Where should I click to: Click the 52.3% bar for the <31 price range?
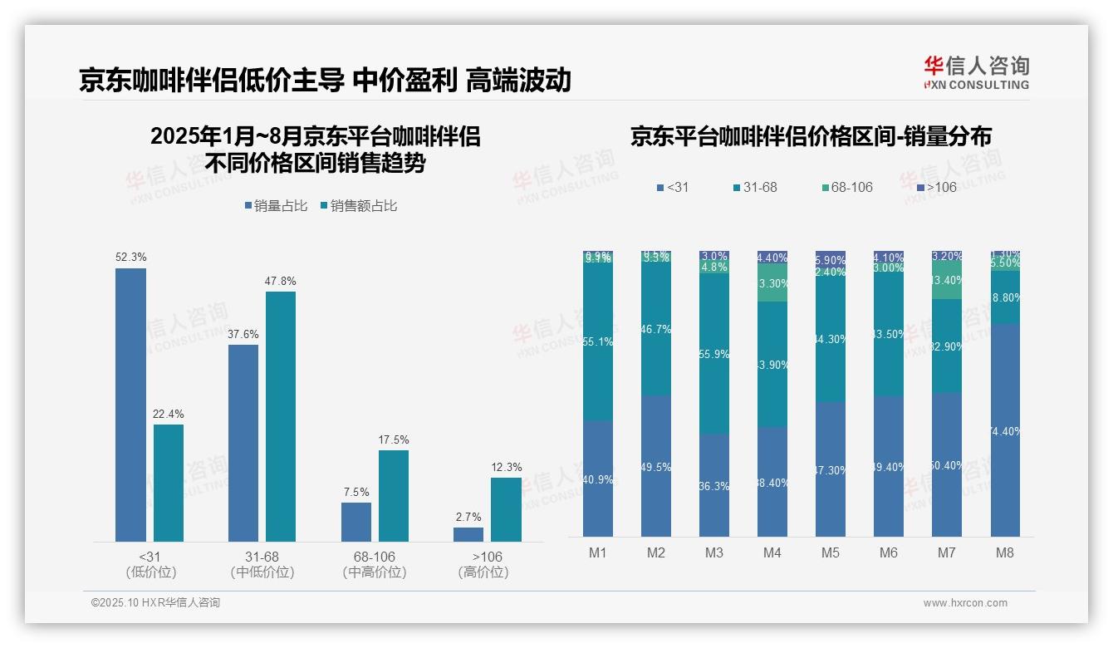click(130, 405)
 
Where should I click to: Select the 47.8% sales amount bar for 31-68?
click(281, 416)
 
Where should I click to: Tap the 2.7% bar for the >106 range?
click(468, 534)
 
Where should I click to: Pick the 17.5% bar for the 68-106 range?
click(394, 495)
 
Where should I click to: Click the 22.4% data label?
click(169, 414)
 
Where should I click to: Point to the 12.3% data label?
click(507, 467)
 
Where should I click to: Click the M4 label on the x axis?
click(772, 552)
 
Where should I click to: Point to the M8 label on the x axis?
click(1005, 552)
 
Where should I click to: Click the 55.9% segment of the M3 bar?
click(714, 354)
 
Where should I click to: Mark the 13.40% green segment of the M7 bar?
click(947, 281)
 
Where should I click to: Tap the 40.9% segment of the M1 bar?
click(598, 479)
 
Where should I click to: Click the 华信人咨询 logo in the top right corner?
click(976, 72)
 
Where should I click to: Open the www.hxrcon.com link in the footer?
click(965, 603)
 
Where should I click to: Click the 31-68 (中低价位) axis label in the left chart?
click(262, 564)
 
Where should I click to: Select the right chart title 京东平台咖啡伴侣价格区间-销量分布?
click(811, 136)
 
